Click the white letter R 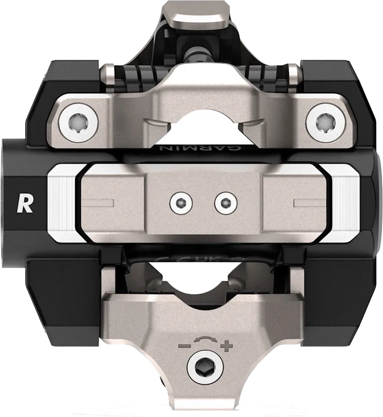[25, 203]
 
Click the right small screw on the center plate [223, 202]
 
